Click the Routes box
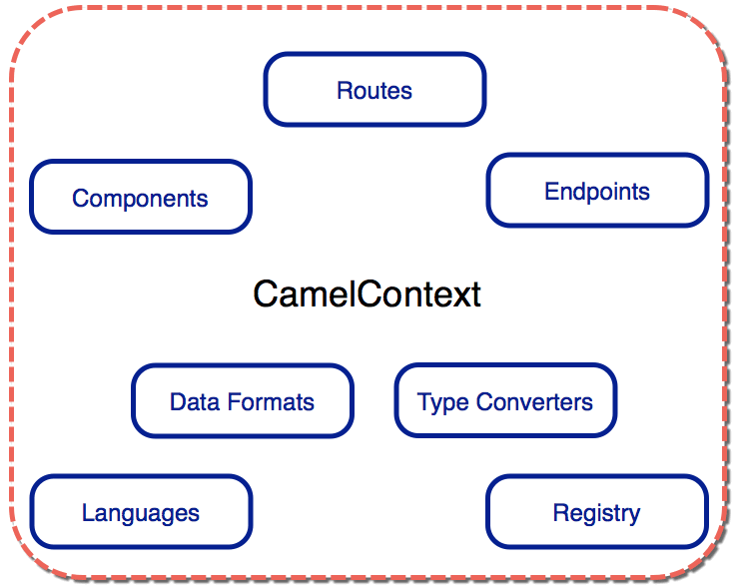tap(374, 89)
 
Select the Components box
tap(141, 197)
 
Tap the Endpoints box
tap(597, 191)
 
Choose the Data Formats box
tap(243, 400)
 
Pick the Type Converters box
tap(505, 400)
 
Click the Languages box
tap(141, 511)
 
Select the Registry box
tap(597, 511)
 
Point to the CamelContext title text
tap(368, 294)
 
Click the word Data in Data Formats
tap(195, 402)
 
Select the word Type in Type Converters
tap(442, 403)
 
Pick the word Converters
tap(534, 402)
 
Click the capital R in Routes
tap(345, 90)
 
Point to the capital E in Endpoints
tap(552, 191)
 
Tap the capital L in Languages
tap(88, 512)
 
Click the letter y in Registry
tap(633, 516)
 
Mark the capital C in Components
tap(81, 198)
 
